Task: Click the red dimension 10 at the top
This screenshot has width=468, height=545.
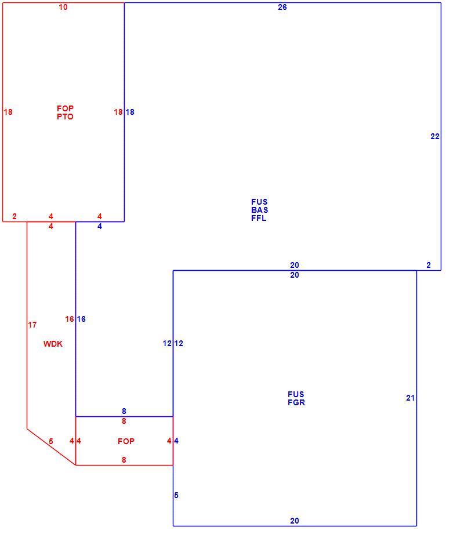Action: [63, 7]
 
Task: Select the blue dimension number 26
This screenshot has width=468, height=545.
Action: [282, 7]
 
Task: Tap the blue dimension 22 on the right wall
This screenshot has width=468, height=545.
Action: [435, 137]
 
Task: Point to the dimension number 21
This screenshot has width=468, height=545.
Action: [410, 398]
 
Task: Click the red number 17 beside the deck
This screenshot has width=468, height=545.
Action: [32, 325]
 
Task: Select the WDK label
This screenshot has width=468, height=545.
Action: [53, 344]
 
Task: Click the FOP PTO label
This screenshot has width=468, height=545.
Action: [65, 112]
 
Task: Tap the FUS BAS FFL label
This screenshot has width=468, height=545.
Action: [259, 210]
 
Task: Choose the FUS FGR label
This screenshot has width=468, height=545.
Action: [296, 398]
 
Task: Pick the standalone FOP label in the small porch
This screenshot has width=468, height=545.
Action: [126, 441]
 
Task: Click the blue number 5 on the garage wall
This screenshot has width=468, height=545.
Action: [176, 495]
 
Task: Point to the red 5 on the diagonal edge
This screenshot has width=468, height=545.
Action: [51, 441]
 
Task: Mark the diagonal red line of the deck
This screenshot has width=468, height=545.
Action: [52, 446]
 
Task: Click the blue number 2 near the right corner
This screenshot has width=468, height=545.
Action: [429, 265]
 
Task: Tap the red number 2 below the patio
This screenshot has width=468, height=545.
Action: [14, 216]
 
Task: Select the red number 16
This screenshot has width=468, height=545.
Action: [70, 319]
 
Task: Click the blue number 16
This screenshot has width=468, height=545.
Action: [81, 319]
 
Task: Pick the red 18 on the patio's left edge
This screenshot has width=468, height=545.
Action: [8, 112]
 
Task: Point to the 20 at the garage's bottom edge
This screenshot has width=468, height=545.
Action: [295, 521]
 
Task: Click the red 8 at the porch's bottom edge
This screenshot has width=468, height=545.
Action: [124, 460]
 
